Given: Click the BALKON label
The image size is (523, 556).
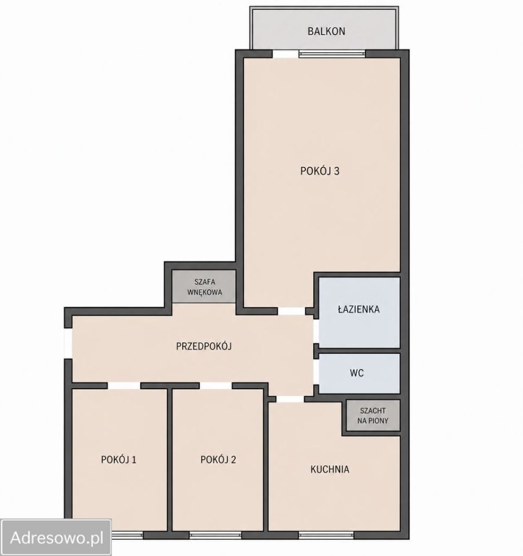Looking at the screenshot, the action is (x=326, y=31).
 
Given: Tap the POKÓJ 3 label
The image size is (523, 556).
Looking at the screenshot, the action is (x=320, y=171).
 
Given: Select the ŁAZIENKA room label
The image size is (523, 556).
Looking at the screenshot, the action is (x=359, y=309).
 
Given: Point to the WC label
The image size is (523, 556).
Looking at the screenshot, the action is (x=357, y=373).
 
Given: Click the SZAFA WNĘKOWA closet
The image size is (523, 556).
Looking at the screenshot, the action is (x=204, y=287).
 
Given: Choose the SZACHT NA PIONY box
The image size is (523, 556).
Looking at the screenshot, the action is (x=372, y=416).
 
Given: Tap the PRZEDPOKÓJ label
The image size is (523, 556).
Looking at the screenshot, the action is (x=204, y=346).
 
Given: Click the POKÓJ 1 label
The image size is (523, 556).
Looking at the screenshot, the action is (x=118, y=459).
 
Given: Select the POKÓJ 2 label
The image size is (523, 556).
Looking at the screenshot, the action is (x=218, y=459).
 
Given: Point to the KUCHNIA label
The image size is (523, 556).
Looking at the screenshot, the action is (x=330, y=469).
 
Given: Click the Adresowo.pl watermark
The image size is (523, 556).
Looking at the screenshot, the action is (x=57, y=537).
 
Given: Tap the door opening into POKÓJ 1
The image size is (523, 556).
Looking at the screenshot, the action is (x=124, y=386).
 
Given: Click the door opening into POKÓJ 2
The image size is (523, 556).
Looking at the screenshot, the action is (x=215, y=386).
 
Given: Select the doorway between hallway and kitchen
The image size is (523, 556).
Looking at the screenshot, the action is (x=290, y=399).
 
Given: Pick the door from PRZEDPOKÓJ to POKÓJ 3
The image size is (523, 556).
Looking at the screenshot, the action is (x=291, y=311).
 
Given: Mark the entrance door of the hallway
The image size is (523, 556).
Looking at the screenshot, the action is (x=68, y=343).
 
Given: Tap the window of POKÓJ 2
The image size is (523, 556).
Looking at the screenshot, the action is (x=215, y=535).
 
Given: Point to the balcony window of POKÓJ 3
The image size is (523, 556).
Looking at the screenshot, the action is (x=332, y=54).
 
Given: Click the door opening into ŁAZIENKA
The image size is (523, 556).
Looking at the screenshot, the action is (x=316, y=331).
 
